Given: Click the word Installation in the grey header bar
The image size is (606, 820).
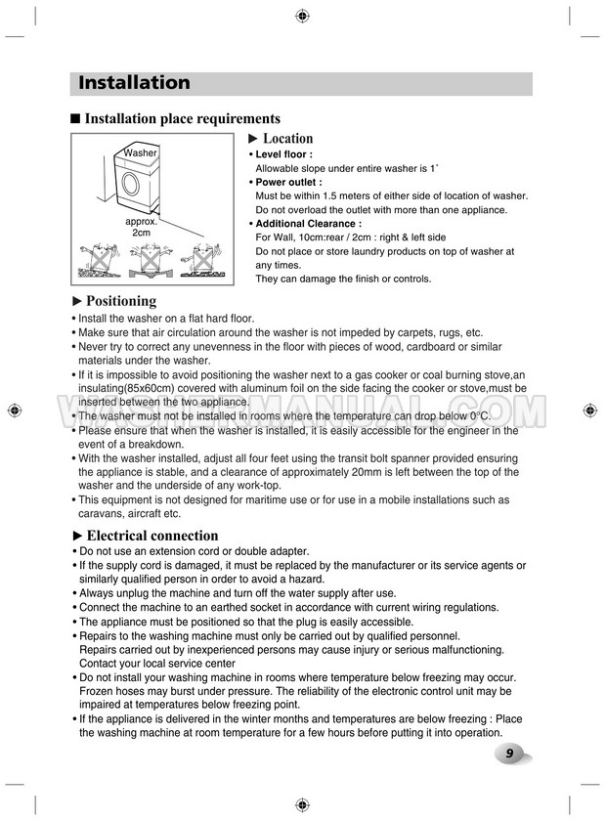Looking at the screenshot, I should coord(134,83).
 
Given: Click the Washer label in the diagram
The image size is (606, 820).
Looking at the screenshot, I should coord(140,153).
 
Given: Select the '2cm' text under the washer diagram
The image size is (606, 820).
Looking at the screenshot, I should coord(141,233).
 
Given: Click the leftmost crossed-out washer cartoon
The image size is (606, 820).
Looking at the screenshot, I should coord(98,259).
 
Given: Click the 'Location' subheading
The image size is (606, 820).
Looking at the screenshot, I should coord(287,139).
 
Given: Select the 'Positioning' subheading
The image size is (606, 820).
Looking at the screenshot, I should coord(121,301).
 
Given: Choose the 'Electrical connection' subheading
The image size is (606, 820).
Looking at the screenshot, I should coord(152,536).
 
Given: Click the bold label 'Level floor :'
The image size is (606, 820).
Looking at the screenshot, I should coord(283,154).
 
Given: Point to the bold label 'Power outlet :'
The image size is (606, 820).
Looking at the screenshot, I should coord(288,182).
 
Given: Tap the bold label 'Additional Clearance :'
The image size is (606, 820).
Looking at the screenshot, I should coord(307,223).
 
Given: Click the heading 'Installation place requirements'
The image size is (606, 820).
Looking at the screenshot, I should coord(183,119).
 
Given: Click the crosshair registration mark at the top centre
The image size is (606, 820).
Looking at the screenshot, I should coord(302,16).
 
